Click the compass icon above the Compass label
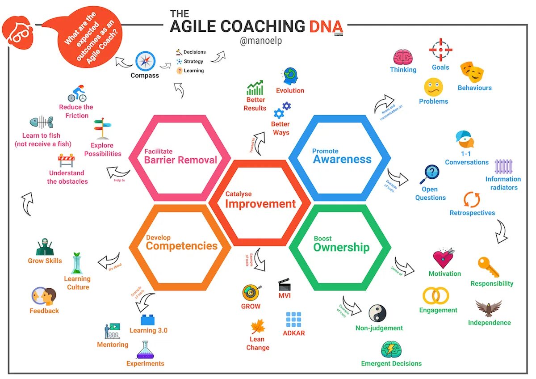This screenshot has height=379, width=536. click(145, 61)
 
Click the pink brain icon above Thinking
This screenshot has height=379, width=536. click(403, 57)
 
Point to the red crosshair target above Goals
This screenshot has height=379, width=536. click(440, 50)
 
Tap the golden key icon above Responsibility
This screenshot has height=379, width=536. click(488, 267)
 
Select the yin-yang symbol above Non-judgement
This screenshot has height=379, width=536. click(377, 314)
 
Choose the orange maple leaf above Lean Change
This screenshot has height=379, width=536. click(258, 327)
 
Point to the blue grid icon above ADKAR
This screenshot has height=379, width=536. click(293, 320)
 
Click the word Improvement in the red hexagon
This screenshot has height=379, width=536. click(260, 204)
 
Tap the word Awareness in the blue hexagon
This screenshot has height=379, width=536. click(342, 160)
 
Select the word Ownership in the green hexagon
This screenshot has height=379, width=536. click(341, 247)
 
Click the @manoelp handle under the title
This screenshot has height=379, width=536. click(261, 41)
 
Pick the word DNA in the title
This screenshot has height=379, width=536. click(326, 26)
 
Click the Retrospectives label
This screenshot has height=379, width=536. click(472, 213)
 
